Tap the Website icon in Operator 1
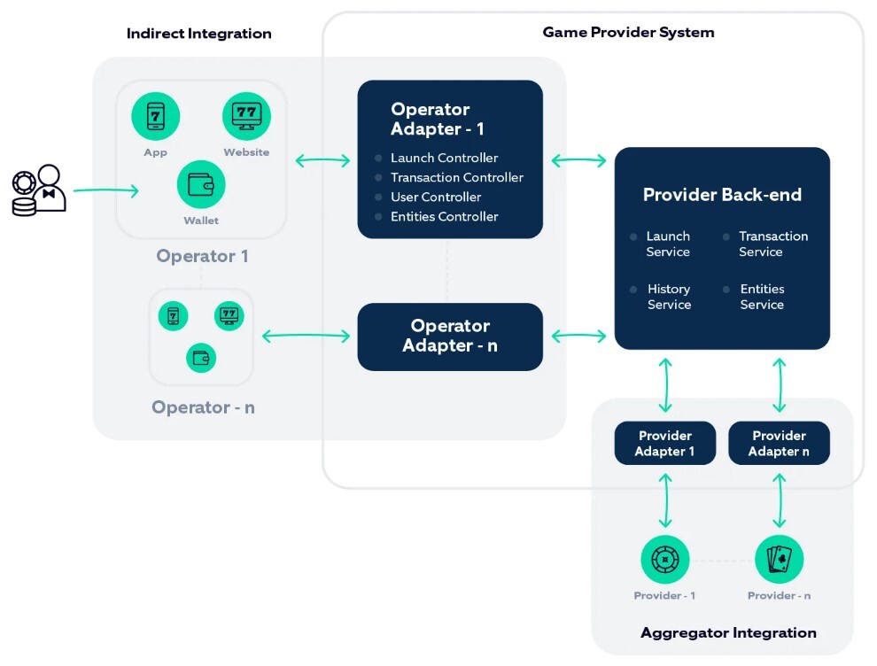pos(246,116)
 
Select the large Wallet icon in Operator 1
pos(201,184)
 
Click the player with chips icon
pos(39,190)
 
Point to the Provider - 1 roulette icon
pos(664,559)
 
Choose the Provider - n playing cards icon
pos(779,559)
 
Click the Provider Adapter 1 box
pos(664,443)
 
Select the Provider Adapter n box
pos(779,443)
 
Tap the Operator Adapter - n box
pos(450,337)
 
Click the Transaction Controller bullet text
pos(456,177)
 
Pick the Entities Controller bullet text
pos(444,216)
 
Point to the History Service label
pos(669,297)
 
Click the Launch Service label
pos(668,244)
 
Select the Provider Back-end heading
pos(722,195)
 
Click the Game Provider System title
pos(628,32)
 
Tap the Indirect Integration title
pos(198,34)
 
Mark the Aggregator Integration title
pos(728,632)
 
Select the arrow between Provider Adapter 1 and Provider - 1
pos(665,500)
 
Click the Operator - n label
pos(203,407)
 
